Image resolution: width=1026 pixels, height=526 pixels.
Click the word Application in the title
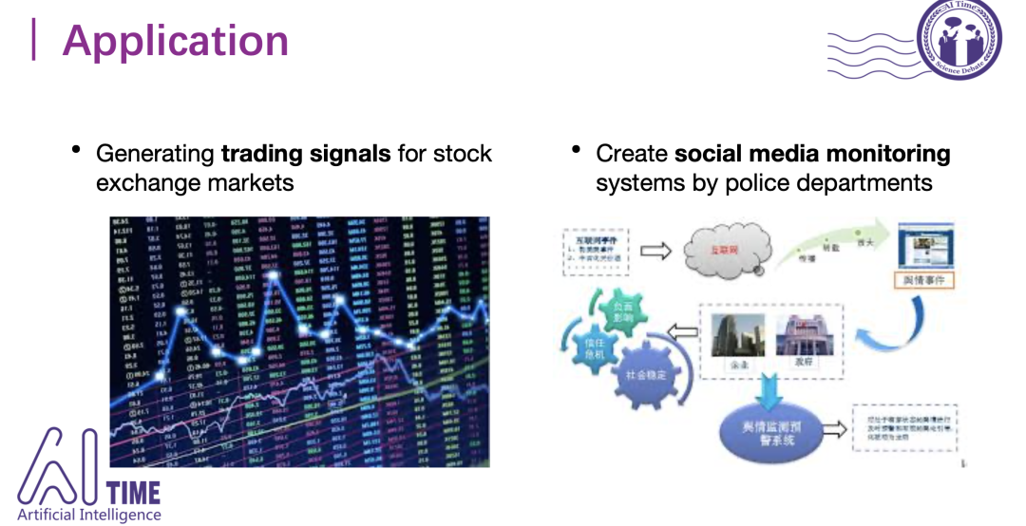coord(176,41)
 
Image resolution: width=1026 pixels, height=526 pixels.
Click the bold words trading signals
coord(306,153)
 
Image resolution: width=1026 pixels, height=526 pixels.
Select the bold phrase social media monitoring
coord(812,153)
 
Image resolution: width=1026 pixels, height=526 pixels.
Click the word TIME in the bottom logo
coord(134,493)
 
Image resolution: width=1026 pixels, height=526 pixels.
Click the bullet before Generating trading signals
coord(76,152)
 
